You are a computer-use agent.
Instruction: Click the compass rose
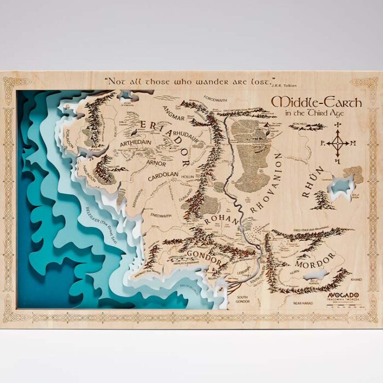(x=338, y=143)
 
